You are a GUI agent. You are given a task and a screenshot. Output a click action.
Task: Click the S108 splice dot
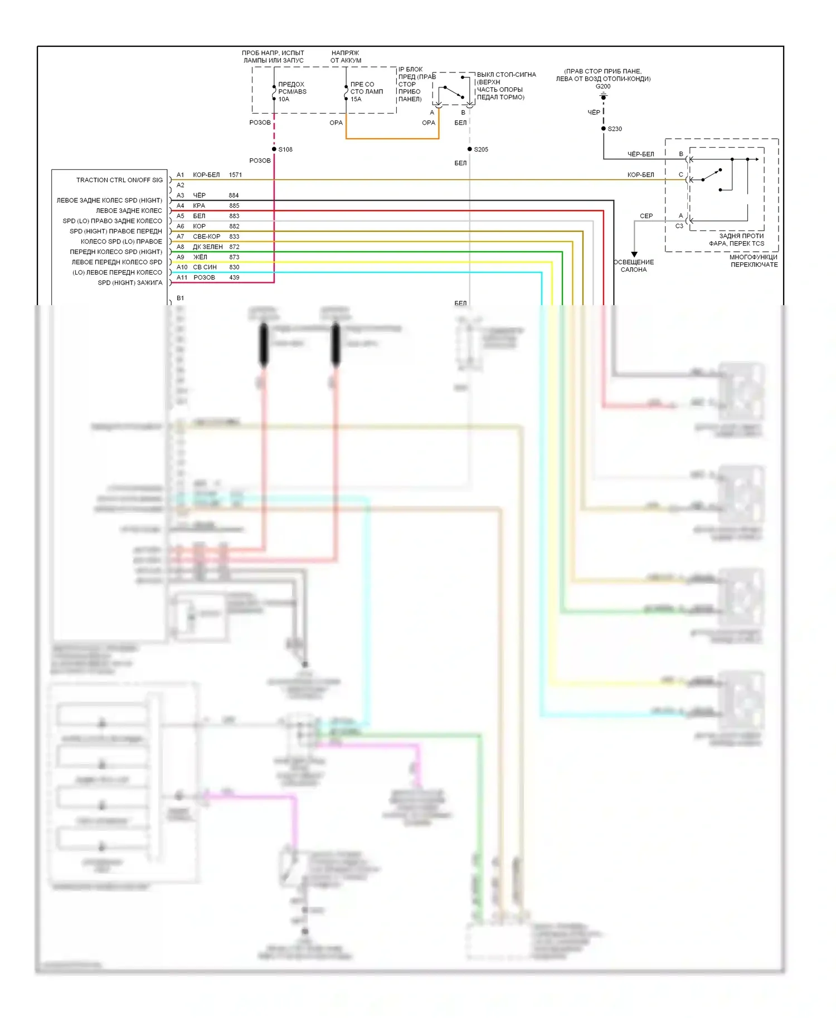[x=274, y=149]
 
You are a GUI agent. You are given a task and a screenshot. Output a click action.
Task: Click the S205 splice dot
[x=470, y=149]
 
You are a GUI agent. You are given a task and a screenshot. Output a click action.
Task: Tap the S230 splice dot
[x=604, y=129]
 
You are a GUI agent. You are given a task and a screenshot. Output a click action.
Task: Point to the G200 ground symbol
[x=603, y=96]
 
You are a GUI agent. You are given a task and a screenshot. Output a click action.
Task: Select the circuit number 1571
[x=235, y=175]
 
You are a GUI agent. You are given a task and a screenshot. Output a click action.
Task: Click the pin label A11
[x=182, y=277]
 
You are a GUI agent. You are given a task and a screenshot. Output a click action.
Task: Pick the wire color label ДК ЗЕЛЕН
[x=207, y=247]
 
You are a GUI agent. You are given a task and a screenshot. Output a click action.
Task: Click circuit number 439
[x=234, y=277]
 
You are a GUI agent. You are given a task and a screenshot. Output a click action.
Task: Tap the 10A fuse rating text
[x=284, y=99]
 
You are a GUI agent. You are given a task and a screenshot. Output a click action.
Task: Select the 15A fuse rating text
[x=356, y=99]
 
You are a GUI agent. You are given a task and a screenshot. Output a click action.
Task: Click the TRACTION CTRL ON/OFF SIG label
[x=119, y=180]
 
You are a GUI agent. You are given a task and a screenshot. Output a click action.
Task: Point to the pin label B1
[x=180, y=298]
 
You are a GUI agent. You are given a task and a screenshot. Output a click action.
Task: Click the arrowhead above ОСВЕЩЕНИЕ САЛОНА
[x=634, y=254]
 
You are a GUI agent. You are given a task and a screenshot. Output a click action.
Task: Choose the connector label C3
[x=679, y=226]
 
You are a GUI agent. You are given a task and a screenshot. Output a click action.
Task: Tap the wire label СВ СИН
[x=205, y=267]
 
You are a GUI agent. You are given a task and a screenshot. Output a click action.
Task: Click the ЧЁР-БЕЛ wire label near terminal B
[x=640, y=154]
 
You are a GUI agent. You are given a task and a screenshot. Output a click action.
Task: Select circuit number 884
[x=234, y=195]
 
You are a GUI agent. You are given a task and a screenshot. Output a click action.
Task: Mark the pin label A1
[x=180, y=175]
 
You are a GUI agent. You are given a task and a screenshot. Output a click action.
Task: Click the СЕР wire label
[x=646, y=216]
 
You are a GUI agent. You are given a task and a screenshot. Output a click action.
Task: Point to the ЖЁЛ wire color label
[x=200, y=257]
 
